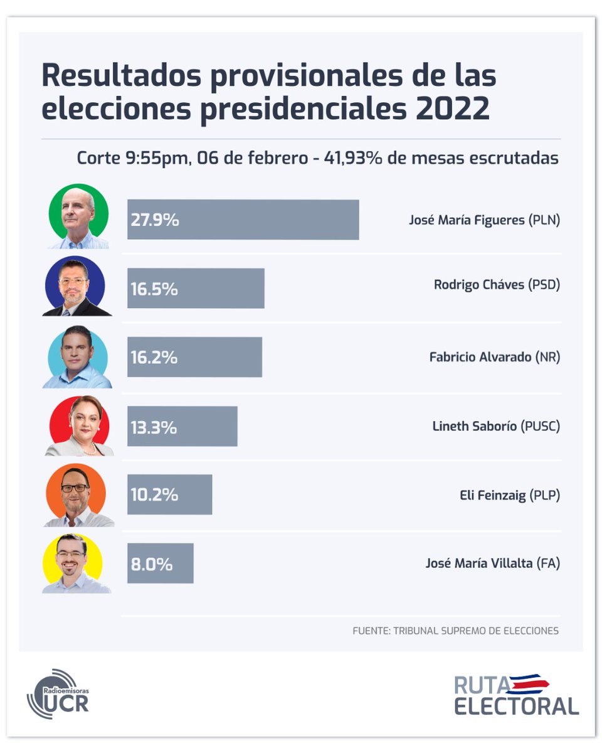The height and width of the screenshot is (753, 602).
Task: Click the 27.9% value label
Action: tap(155, 220)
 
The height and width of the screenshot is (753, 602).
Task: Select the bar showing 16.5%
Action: tap(196, 289)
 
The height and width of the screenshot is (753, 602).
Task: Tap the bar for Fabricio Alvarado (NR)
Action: tap(194, 357)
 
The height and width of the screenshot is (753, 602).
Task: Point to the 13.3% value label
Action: tap(154, 427)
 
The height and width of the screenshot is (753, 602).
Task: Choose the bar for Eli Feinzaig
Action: tap(169, 494)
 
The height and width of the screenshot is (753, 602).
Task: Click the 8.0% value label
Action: tap(151, 563)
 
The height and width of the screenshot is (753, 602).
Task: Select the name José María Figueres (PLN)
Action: tap(484, 220)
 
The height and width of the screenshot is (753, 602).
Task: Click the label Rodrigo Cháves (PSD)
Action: tap(497, 285)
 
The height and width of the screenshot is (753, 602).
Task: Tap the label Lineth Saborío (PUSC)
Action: tap(496, 427)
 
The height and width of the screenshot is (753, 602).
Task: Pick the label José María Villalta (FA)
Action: tap(492, 563)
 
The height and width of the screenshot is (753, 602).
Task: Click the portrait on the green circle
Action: tap(78, 217)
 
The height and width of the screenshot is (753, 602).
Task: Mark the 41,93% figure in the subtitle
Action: tap(352, 158)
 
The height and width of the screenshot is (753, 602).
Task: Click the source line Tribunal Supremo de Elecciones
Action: tap(455, 631)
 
